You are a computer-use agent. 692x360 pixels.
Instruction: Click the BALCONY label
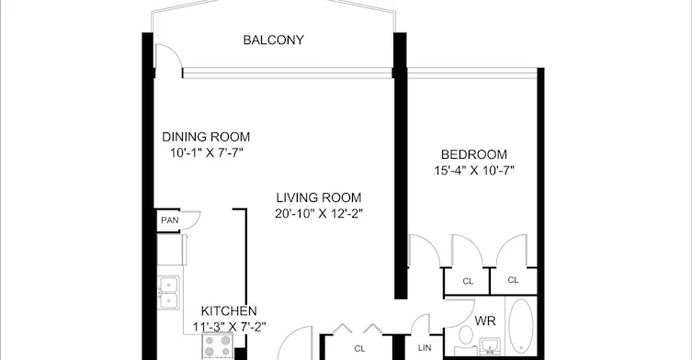[273, 40]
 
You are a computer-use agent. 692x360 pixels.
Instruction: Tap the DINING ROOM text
[206, 137]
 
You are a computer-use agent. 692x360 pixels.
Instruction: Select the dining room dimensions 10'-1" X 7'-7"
[207, 153]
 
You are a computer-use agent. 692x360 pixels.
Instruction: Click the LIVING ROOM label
[319, 197]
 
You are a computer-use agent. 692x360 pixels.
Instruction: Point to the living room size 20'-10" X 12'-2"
[319, 214]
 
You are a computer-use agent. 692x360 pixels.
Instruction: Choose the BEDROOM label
[474, 154]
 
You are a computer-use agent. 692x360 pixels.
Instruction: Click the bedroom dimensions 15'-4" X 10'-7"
[474, 170]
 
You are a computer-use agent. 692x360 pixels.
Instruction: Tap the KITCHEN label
[229, 311]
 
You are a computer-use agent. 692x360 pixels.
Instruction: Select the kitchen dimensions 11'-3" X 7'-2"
[230, 327]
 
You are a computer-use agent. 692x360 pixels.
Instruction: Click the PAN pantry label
[169, 220]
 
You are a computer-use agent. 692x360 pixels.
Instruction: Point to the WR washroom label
[485, 321]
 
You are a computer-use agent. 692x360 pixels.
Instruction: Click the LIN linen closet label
[425, 348]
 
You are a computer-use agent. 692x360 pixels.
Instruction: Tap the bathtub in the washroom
[521, 326]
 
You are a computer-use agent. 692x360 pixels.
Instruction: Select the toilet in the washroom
[465, 340]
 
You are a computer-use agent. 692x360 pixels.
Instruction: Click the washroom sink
[490, 346]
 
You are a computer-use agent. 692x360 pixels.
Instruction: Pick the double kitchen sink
[168, 292]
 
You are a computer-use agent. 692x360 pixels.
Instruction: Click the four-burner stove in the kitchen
[218, 345]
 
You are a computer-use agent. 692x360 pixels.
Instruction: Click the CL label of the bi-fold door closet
[359, 349]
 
